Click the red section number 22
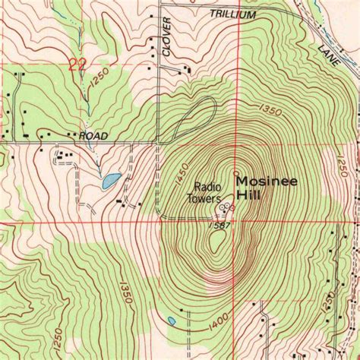coord(77,65)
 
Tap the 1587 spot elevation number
coord(217,226)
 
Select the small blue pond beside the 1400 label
coord(172,321)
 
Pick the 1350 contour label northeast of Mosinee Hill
coord(270,110)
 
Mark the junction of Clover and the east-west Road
coord(161,141)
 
